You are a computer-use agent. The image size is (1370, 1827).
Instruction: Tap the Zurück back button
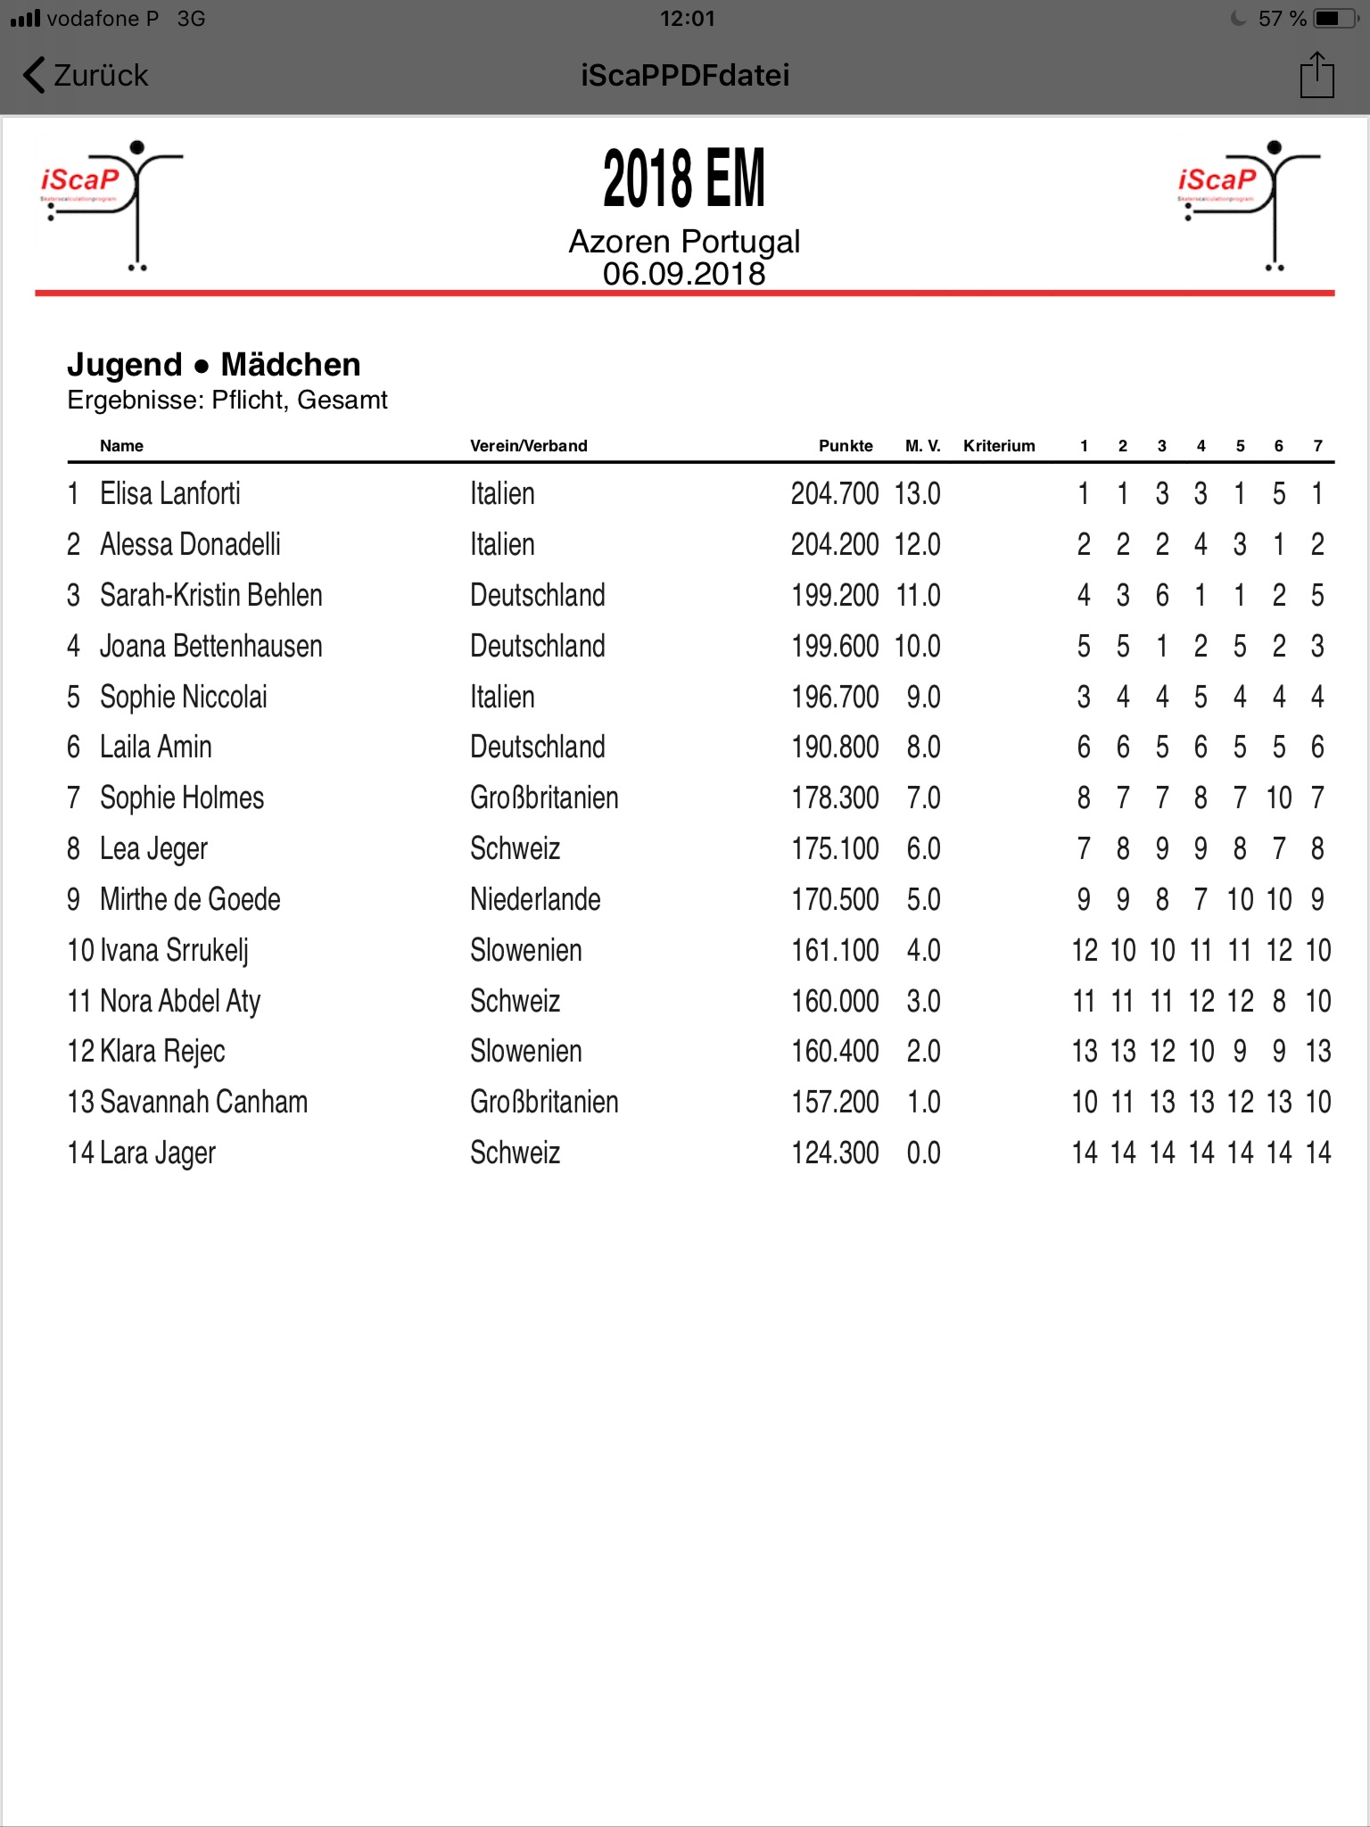pos(87,76)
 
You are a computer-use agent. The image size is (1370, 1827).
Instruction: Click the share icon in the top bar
pos(1316,75)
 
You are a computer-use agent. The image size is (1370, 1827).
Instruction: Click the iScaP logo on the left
pos(111,203)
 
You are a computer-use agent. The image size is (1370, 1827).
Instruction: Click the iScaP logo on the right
pos(1248,203)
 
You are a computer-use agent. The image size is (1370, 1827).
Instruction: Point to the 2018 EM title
pos(684,178)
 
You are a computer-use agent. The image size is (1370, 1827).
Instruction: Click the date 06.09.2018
pos(684,274)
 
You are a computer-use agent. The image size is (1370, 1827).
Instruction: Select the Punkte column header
pos(846,446)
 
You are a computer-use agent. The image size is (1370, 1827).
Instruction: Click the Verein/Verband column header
pos(528,446)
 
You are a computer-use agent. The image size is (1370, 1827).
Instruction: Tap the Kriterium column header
pos(999,446)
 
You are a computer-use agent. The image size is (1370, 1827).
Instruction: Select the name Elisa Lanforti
pos(170,493)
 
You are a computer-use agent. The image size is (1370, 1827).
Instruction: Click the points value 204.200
pos(835,544)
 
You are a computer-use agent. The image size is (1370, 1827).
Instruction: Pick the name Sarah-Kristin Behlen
pos(211,595)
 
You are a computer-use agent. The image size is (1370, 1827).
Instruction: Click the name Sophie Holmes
pos(182,798)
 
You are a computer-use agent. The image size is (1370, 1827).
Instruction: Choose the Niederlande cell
pos(535,899)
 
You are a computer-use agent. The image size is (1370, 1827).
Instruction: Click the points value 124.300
pos(835,1153)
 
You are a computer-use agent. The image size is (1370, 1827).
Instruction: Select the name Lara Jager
pos(158,1153)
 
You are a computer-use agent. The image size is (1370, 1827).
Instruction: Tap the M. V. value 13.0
pos(918,493)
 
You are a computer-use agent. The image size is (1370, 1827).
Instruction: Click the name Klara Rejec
pos(162,1051)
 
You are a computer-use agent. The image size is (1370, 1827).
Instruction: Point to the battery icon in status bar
pos(1332,19)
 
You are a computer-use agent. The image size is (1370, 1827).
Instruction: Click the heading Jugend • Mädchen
pos(214,365)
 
